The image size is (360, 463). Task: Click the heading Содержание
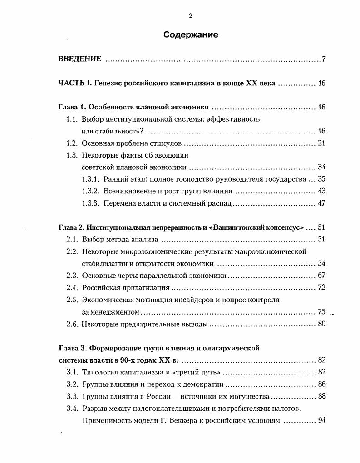[x=191, y=35]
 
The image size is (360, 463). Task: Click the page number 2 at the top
[x=191, y=16]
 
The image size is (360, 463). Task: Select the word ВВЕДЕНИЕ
[x=80, y=59]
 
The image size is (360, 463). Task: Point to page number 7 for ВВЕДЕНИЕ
[x=324, y=59]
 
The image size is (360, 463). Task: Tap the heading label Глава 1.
[x=72, y=108]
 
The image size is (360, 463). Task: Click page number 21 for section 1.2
[x=321, y=143]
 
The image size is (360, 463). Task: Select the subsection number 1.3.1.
[x=90, y=179]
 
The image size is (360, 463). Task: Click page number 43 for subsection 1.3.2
[x=321, y=191]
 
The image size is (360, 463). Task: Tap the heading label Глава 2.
[x=72, y=227]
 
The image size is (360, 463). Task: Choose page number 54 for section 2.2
[x=321, y=263]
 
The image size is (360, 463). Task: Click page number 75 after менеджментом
[x=321, y=312]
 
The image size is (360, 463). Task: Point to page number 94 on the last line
[x=321, y=420]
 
